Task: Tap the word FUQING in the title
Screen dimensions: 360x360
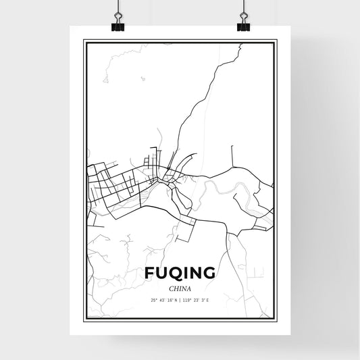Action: (180, 273)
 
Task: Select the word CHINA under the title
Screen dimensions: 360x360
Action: (180, 288)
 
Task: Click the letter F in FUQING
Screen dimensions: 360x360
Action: (149, 273)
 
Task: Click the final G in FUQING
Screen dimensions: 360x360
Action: (210, 273)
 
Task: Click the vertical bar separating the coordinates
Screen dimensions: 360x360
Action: (180, 300)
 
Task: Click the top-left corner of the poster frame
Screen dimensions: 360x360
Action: (84, 41)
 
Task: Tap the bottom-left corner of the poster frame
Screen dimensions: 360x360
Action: (84, 321)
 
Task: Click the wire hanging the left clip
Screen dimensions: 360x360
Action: (117, 8)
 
